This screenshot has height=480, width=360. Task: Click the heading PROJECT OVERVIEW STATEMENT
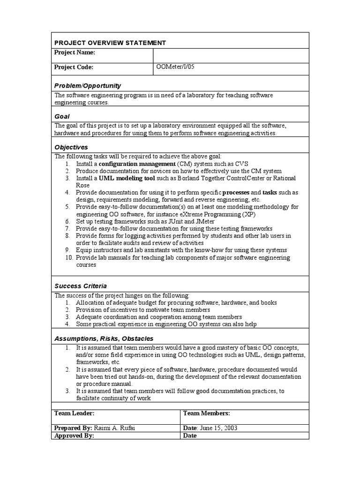tap(110, 43)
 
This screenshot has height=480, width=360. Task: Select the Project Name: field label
tap(75, 52)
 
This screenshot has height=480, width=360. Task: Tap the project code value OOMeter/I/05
tap(175, 67)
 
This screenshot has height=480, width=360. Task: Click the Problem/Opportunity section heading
tap(87, 85)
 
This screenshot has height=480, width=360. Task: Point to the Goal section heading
tap(62, 116)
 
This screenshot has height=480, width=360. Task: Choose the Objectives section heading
tap(71, 147)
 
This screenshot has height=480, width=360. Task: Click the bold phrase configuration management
tap(136, 164)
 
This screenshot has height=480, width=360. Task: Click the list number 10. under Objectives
tap(68, 257)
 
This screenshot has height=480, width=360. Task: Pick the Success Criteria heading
tap(81, 285)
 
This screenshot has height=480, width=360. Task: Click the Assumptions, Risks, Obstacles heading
tap(104, 338)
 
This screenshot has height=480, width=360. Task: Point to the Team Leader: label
tap(75, 413)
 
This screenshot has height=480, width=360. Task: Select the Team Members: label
tap(206, 413)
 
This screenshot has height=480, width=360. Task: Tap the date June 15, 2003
tap(219, 428)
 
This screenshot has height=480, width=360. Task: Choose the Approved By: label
tap(74, 435)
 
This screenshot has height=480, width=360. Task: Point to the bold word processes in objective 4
tap(236, 192)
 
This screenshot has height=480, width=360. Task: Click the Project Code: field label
tap(74, 67)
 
